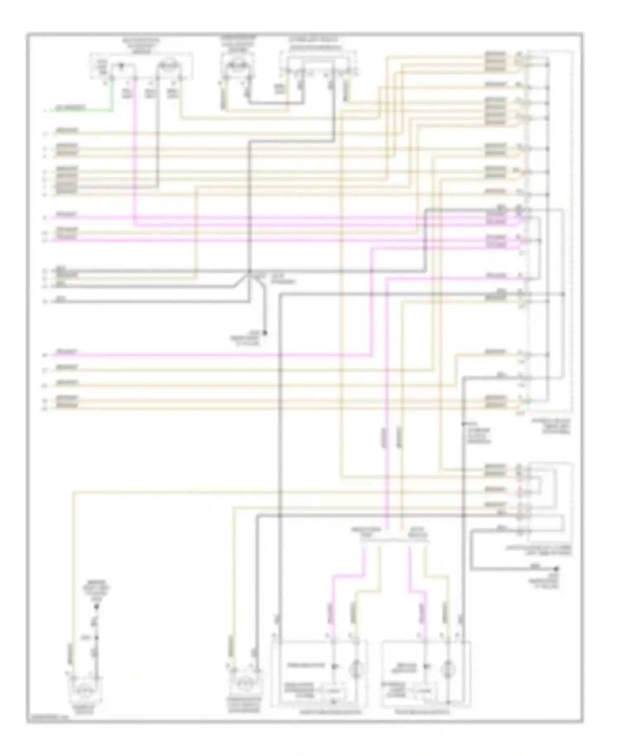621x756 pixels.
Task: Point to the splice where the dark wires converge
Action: (249, 272)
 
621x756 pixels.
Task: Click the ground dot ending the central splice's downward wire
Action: (265, 333)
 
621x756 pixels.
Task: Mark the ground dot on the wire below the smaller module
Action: (557, 569)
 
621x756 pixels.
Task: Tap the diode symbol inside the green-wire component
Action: (121, 65)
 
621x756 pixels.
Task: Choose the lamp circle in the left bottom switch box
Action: (357, 667)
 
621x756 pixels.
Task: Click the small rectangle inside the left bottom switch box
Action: (334, 691)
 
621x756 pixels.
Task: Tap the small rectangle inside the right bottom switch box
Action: (425, 691)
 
